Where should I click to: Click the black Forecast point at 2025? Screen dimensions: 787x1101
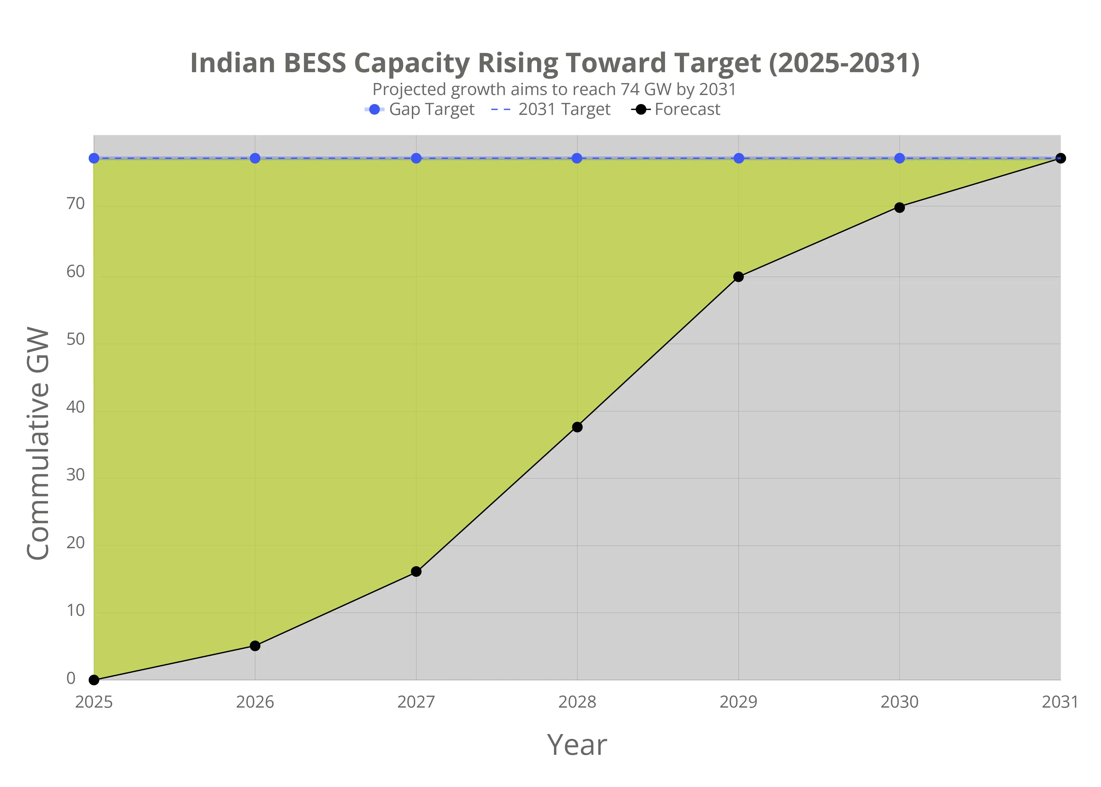[x=94, y=680]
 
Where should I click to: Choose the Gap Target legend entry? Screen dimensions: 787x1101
[x=420, y=109]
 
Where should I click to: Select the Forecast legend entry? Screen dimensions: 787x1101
[x=676, y=109]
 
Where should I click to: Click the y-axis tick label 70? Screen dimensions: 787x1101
[x=76, y=204]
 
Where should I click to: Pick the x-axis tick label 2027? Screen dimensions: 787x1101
[x=416, y=702]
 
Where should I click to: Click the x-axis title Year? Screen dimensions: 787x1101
[x=577, y=745]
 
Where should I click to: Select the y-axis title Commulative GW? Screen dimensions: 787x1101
[x=38, y=444]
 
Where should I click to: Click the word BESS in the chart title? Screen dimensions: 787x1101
[x=315, y=63]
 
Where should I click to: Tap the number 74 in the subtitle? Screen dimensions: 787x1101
[x=630, y=90]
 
